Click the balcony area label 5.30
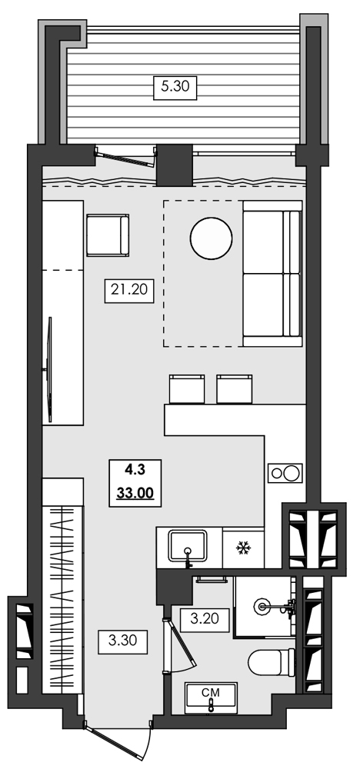(174, 88)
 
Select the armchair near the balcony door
(106, 236)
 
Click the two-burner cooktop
(284, 473)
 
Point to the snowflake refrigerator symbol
(244, 548)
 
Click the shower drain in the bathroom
(265, 607)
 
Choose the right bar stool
(235, 388)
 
